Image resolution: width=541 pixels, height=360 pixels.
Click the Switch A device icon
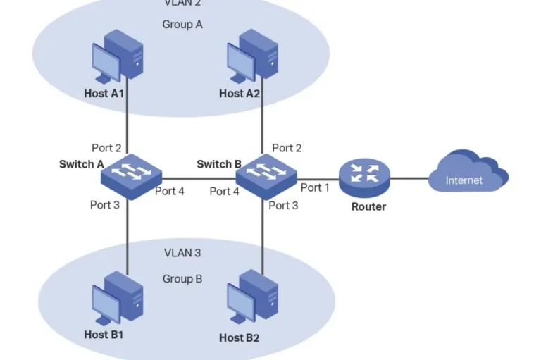click(131, 174)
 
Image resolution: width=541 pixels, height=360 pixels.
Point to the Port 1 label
click(315, 187)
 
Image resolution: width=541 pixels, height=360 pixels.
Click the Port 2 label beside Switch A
click(106, 148)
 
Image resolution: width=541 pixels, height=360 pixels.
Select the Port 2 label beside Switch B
click(287, 148)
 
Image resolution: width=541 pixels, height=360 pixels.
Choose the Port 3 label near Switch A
click(105, 205)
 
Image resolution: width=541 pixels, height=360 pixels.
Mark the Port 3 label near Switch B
click(284, 206)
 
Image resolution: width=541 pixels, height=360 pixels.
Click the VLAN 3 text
click(182, 252)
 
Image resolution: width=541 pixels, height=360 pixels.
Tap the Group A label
click(182, 25)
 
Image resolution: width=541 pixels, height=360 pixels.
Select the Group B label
click(182, 278)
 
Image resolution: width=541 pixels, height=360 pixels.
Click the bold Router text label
click(368, 206)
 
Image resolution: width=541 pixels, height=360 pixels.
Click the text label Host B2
click(239, 337)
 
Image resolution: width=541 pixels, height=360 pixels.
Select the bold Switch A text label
click(82, 164)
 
